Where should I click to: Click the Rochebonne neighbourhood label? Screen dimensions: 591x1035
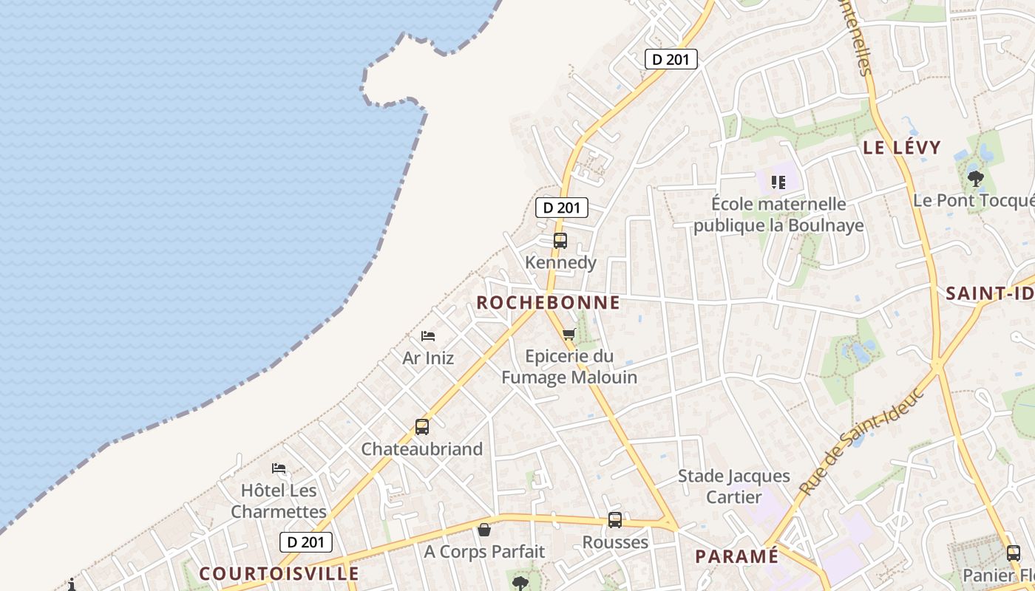(x=548, y=302)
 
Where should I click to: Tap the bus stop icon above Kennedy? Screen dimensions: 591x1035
(x=560, y=240)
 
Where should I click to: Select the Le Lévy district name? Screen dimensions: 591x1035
(x=902, y=147)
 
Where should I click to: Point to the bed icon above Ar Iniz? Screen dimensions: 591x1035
(x=428, y=336)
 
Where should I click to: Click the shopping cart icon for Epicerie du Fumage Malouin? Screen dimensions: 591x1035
(x=569, y=334)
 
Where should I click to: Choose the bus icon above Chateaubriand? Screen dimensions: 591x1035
(x=421, y=427)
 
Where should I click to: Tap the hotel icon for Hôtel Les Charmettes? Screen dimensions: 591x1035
(x=279, y=468)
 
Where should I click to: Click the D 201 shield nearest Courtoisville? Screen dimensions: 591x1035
(x=306, y=542)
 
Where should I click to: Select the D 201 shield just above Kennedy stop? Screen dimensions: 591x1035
(x=562, y=208)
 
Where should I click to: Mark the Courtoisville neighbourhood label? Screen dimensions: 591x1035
(x=279, y=573)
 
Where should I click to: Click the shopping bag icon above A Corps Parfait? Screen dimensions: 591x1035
(x=484, y=529)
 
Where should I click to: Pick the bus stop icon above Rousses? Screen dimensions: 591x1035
(x=614, y=520)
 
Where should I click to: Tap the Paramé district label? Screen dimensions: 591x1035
(x=736, y=556)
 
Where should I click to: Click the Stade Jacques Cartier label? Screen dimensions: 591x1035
(x=733, y=486)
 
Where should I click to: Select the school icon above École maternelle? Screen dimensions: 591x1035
(x=778, y=181)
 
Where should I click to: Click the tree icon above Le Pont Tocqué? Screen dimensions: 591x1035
(x=976, y=178)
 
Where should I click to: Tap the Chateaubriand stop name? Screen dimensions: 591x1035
(x=421, y=448)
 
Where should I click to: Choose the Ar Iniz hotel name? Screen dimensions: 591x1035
(x=428, y=358)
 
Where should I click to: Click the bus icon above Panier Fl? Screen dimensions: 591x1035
(x=1013, y=553)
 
